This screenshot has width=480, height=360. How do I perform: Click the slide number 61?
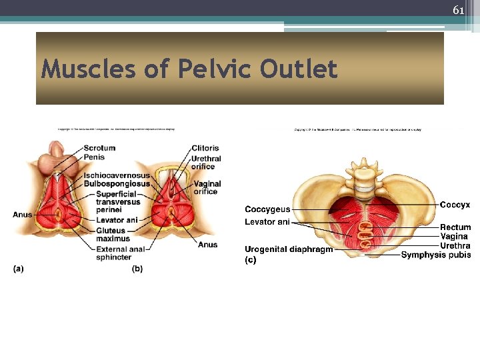click(x=458, y=10)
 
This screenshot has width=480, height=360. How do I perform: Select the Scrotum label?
click(x=99, y=148)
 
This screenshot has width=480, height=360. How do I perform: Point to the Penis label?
click(x=94, y=157)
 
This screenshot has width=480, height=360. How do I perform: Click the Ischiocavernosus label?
click(x=117, y=175)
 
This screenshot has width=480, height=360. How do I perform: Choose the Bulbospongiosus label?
click(x=117, y=183)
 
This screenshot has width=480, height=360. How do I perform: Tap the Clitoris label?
click(x=205, y=148)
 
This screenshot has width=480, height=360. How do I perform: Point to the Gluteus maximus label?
click(x=110, y=235)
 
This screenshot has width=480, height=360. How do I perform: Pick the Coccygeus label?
click(x=267, y=209)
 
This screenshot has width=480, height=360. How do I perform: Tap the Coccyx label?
click(x=455, y=205)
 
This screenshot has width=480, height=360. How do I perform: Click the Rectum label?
click(x=455, y=227)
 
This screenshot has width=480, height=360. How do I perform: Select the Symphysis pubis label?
click(x=436, y=255)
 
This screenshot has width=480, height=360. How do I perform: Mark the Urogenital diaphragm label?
click(x=288, y=249)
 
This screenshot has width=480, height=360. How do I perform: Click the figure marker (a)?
click(x=18, y=269)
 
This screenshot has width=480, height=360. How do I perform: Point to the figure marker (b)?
click(x=137, y=269)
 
